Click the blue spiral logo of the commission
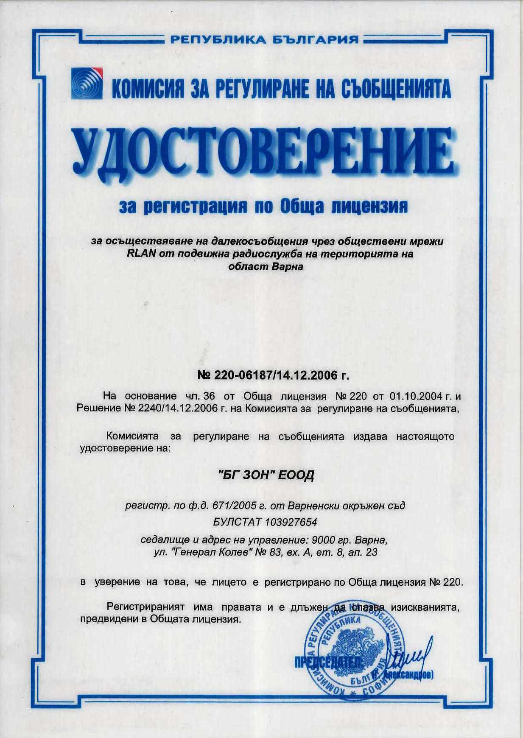87,84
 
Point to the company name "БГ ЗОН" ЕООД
266,475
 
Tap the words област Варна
266,267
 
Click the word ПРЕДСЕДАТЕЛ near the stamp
329,663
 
